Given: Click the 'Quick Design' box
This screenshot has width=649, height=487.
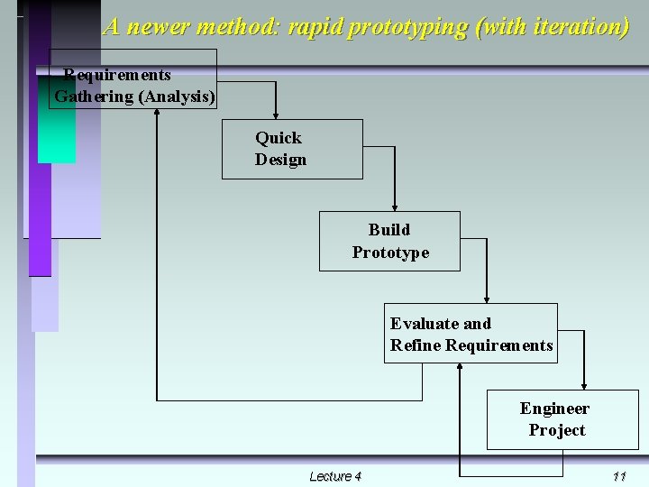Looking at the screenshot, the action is [292, 149].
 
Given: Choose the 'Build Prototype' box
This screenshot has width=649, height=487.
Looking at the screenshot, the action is [389, 241].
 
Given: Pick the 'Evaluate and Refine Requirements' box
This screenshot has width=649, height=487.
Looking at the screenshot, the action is [471, 334].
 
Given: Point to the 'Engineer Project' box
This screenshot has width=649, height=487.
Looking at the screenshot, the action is [562, 419].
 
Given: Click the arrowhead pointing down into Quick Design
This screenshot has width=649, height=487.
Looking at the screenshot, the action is [275, 115].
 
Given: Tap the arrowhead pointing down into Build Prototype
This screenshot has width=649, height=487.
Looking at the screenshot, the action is [395, 207].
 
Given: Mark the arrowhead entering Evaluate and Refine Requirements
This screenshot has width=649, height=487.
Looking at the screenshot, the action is [487, 299].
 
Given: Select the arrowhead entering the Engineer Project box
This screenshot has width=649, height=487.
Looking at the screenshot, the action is [584, 384].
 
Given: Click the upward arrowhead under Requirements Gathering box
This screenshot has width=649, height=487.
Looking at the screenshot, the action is [157, 114].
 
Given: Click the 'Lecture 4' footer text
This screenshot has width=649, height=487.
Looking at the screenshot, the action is [334, 476].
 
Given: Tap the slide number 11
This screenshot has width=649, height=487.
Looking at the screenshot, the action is [618, 476].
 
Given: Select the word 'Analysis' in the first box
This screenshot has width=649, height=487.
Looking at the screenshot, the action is [177, 96].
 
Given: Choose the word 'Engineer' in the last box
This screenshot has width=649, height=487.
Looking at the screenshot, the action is [554, 409].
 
